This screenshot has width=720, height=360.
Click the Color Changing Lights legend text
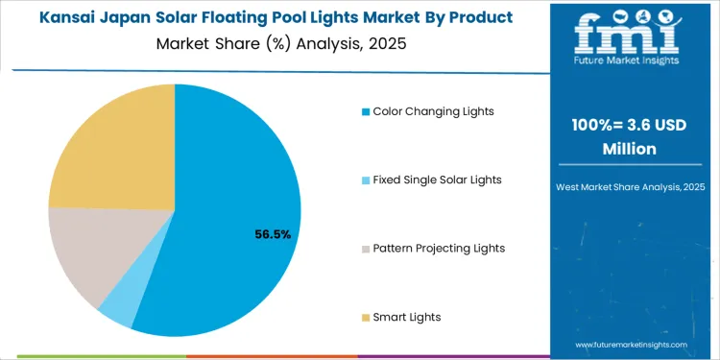[433, 111]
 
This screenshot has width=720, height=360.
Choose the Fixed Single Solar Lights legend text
[437, 180]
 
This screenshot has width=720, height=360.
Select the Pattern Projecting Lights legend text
[439, 249]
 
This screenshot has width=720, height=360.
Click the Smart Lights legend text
[407, 317]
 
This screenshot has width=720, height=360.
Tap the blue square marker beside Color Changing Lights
[366, 111]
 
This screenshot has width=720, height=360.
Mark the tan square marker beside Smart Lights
[366, 317]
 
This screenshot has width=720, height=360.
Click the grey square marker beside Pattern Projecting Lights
[366, 249]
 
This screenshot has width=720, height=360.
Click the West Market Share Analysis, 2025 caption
[629, 185]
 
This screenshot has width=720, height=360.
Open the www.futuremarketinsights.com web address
[631, 344]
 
